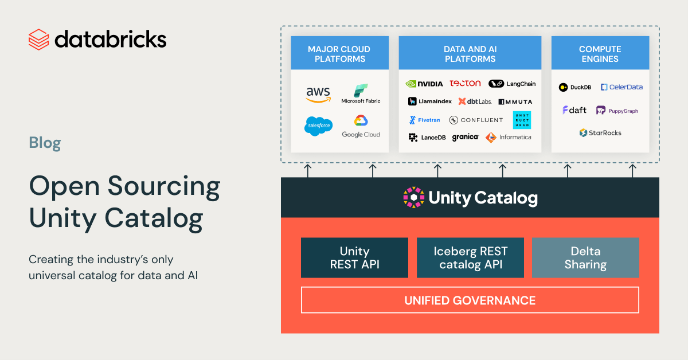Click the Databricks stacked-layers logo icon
click(x=38, y=40)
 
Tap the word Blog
click(x=45, y=143)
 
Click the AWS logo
click(x=318, y=95)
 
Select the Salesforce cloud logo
click(x=318, y=126)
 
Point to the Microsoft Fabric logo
click(x=361, y=94)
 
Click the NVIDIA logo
click(x=424, y=84)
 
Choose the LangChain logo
click(x=512, y=84)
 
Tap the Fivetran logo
click(x=424, y=120)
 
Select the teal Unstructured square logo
click(x=522, y=120)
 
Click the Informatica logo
click(x=508, y=138)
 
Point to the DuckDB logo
click(x=575, y=87)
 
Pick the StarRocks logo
click(x=600, y=133)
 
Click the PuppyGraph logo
click(x=617, y=111)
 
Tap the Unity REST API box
click(x=354, y=258)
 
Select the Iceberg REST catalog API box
click(x=470, y=258)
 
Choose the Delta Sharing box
click(x=585, y=258)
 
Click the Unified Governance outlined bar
click(x=470, y=300)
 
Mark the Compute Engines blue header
click(x=600, y=54)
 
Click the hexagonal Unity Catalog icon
click(x=413, y=198)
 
